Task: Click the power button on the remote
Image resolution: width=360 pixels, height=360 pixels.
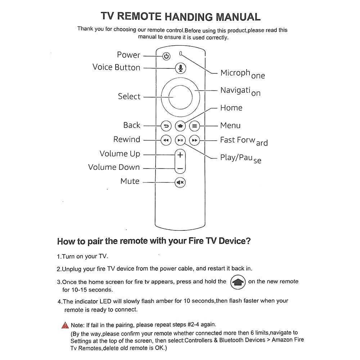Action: pos(166,57)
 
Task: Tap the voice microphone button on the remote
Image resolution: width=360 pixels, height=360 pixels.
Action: pos(180,68)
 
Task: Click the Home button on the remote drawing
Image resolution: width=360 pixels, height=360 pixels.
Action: pos(180,126)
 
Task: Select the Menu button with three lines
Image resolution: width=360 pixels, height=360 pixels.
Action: pos(194,126)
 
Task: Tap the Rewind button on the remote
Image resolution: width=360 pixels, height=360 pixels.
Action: pos(166,140)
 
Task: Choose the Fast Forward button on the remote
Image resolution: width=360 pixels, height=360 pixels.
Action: pos(194,140)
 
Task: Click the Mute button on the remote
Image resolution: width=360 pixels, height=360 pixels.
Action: pos(180,183)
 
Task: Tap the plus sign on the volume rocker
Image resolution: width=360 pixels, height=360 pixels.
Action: pos(180,155)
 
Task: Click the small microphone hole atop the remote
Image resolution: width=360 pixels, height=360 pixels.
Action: pos(181,54)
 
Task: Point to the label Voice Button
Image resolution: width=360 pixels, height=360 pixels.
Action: pos(116,67)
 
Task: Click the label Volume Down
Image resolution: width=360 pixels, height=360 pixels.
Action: pos(114,167)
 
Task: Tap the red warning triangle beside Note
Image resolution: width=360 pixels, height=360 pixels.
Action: pos(65,325)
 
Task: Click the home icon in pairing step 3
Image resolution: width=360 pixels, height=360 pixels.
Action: pos(238,282)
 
